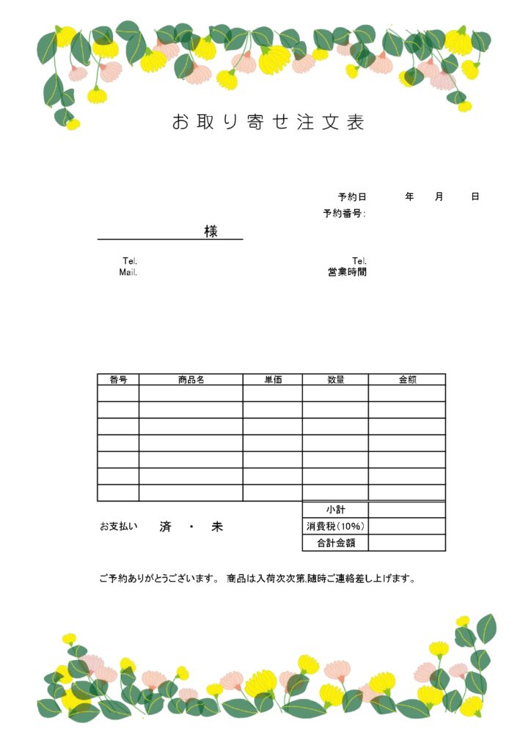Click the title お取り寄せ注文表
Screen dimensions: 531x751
268,122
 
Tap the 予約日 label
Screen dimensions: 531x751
352,197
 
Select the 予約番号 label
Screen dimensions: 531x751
344,213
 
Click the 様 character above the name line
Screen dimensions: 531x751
211,231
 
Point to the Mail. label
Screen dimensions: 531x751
128,272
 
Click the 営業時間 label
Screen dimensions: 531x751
348,272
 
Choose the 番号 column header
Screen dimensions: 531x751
118,380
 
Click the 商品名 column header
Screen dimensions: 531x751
191,380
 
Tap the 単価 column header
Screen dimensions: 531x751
273,380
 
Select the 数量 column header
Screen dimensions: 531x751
335,380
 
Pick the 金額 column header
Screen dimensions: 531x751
407,380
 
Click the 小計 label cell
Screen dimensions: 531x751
335,510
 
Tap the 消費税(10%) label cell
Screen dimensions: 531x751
335,527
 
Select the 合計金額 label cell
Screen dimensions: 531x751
335,543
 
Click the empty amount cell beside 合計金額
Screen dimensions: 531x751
407,543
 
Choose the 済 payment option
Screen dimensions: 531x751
165,527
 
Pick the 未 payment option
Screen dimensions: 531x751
217,527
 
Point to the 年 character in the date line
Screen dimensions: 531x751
409,197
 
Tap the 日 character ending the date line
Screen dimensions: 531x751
475,197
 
